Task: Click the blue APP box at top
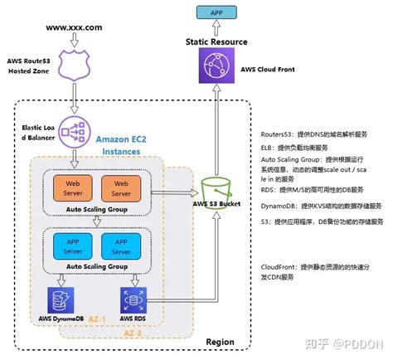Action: tap(215, 13)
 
